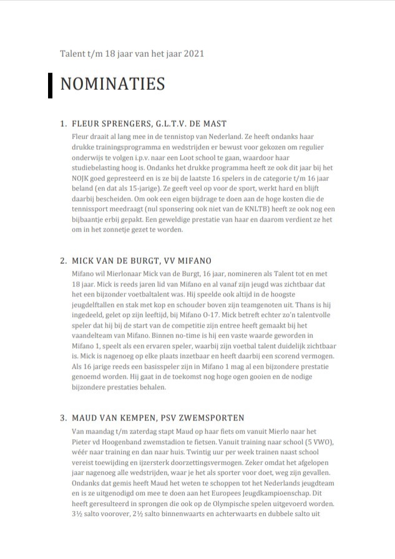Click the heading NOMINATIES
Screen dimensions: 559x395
(112, 85)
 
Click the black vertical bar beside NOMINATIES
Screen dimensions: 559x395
(50, 85)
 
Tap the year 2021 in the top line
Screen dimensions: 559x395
(193, 54)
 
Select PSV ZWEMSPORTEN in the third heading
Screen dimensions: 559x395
(200, 417)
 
